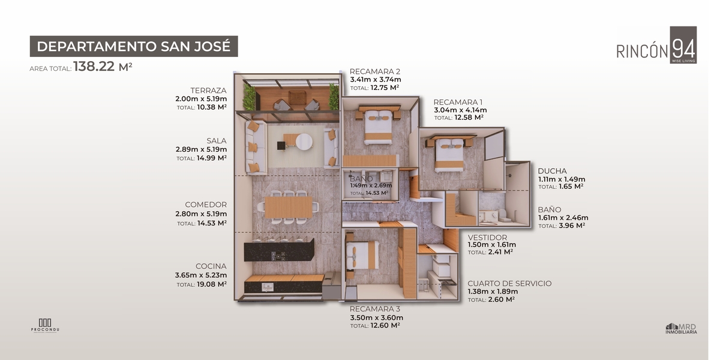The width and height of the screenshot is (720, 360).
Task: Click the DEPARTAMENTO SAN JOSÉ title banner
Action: pos(134,46)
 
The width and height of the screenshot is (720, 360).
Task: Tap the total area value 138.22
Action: pos(94,67)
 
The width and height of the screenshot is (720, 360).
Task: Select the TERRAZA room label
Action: pos(208,91)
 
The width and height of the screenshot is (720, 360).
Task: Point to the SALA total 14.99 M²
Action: pos(211,158)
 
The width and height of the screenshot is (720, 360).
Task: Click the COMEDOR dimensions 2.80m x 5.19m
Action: pos(201,214)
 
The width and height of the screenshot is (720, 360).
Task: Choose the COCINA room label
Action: pos(211,266)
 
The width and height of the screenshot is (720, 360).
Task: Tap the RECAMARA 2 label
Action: pos(375,71)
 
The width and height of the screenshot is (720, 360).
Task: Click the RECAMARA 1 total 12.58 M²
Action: pos(469,118)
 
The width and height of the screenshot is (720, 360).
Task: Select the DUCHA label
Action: pos(552,171)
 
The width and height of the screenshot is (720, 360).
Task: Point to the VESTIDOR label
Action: pos(487,238)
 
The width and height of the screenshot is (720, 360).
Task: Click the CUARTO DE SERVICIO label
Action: pos(509,283)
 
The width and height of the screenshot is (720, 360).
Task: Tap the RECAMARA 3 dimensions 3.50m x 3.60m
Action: pos(376,317)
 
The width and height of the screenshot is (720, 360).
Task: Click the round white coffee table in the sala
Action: pos(304,142)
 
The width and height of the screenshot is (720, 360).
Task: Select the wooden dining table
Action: pos(289,207)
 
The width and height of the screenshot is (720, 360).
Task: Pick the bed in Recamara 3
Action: pos(362,255)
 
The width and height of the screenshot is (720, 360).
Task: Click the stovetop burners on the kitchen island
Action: pos(278,256)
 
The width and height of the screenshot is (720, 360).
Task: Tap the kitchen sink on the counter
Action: pos(268,287)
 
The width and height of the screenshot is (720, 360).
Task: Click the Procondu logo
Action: pos(45,326)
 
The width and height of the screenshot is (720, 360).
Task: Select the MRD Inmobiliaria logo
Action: pos(681,329)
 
